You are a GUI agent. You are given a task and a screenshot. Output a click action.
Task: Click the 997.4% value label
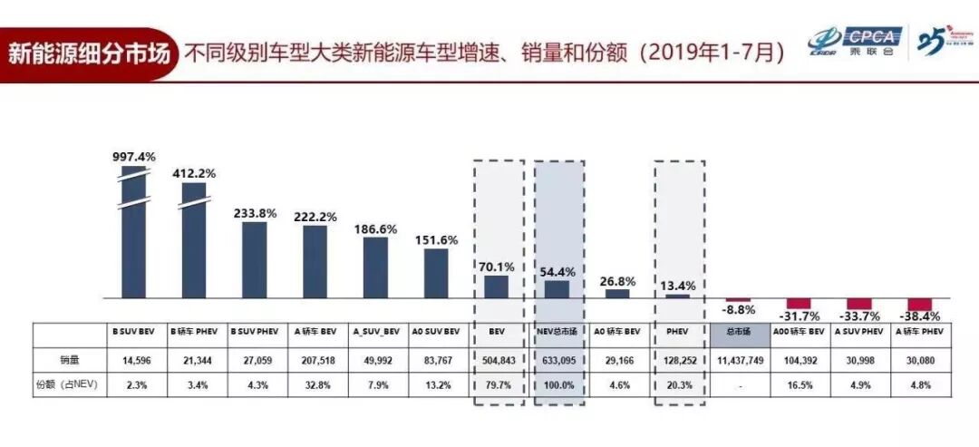pos(132,156)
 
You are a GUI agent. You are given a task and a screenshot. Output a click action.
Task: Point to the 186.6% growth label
pos(375,228)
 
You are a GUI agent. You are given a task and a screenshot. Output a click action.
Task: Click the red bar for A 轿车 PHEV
pos(919,304)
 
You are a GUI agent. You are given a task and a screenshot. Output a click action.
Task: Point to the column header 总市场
pos(737,333)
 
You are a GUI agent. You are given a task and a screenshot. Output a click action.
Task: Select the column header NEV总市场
pos(558,333)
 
